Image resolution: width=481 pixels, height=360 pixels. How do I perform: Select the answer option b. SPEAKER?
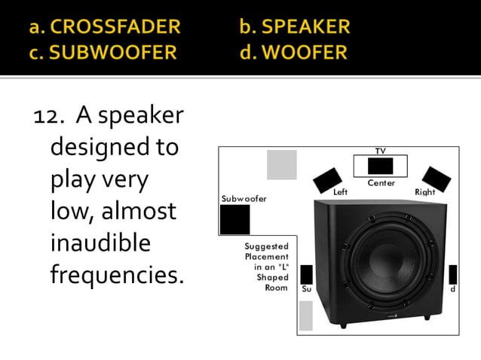(x=295, y=27)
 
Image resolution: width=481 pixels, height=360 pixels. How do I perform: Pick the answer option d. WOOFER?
(x=293, y=53)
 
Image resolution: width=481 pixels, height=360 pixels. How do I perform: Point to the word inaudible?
(x=100, y=243)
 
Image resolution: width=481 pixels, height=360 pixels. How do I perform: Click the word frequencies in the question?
(x=117, y=275)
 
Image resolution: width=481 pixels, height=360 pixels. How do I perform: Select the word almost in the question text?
(x=136, y=211)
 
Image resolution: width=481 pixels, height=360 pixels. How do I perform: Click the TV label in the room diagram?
(x=380, y=151)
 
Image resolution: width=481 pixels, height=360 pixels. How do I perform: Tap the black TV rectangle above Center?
(x=380, y=166)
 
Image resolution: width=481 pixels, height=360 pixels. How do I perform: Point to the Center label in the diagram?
(x=381, y=183)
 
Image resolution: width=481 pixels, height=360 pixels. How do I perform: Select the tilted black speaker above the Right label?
(x=437, y=178)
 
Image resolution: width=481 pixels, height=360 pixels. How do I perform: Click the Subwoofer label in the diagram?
(x=244, y=199)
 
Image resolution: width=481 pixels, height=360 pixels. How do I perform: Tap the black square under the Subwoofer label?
(x=234, y=219)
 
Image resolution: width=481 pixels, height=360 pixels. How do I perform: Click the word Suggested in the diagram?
(x=267, y=246)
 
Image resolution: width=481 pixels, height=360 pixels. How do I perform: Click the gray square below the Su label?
(x=305, y=316)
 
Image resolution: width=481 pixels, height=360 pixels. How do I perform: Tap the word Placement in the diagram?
(x=267, y=257)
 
